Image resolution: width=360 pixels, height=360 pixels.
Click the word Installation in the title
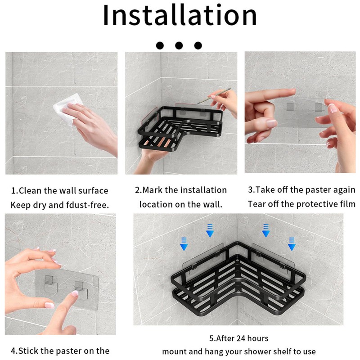coord(180,15)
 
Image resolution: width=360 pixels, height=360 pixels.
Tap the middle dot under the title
coord(179,45)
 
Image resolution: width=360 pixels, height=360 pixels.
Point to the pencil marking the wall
coord(214,96)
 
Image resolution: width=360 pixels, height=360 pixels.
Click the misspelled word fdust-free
coord(87,205)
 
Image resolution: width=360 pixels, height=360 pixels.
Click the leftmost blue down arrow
coord(184,244)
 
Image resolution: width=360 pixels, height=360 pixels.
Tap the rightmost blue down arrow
coord(292,244)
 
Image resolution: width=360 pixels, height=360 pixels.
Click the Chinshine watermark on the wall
coord(252,317)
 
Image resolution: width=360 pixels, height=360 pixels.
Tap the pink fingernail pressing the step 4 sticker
coord(75,294)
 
